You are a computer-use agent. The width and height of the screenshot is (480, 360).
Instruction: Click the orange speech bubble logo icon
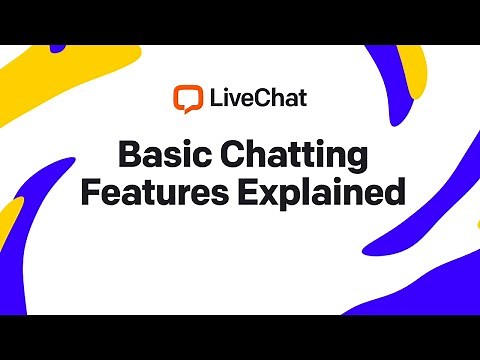coord(187,99)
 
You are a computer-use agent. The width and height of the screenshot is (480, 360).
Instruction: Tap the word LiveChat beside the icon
coord(257,99)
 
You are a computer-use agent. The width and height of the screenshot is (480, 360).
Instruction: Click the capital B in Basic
coord(127,155)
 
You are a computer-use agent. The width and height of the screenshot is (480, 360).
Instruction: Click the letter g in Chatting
coord(349,160)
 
